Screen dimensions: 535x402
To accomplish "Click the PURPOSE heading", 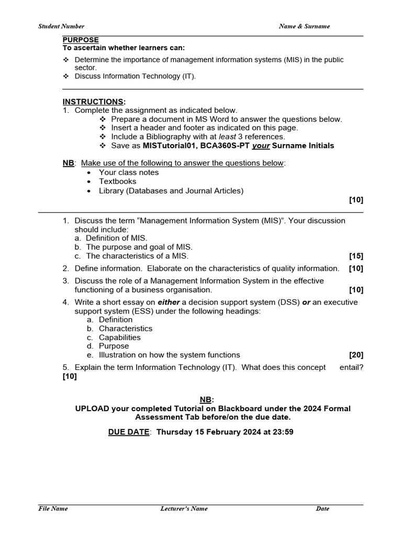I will [x=81, y=40].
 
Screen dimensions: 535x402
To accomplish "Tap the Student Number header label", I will [x=61, y=26].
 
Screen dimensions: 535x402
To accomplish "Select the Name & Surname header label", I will [x=304, y=26].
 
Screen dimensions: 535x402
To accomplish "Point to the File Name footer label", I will [x=53, y=508].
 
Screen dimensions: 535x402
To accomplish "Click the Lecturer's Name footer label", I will [x=184, y=508].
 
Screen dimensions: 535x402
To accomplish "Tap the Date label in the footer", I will [x=322, y=508].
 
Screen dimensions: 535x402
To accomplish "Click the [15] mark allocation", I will [x=356, y=256].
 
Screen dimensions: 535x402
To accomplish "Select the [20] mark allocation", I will [x=356, y=355].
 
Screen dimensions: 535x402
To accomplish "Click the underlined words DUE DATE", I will [x=129, y=432].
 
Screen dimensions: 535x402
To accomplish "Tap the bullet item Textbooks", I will [x=117, y=181].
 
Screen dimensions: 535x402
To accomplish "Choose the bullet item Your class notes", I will [x=129, y=172].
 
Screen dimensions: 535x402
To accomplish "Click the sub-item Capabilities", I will [x=119, y=338].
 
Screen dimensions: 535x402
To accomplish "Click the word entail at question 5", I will [x=351, y=367].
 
